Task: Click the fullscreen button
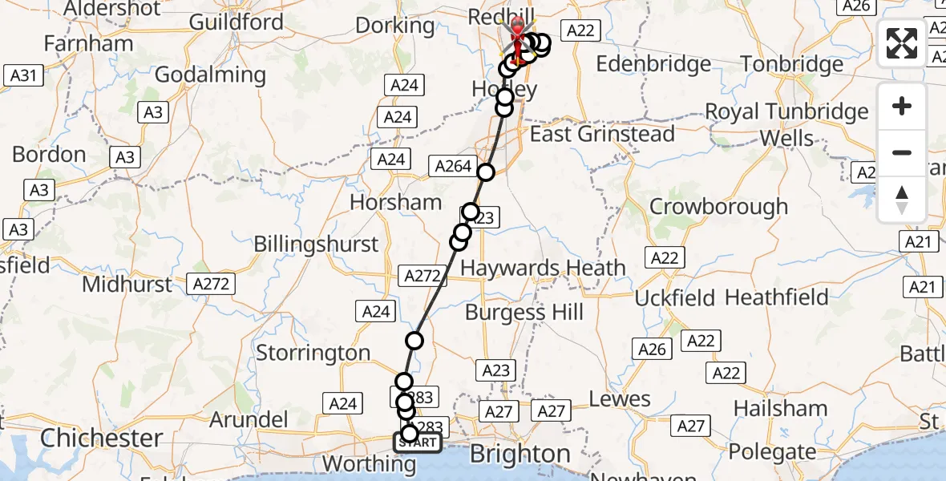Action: (902, 43)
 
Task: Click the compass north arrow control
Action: (902, 200)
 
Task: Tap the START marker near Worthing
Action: (417, 443)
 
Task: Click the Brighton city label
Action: (519, 454)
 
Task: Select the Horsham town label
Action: (395, 202)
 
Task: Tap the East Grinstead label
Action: (602, 134)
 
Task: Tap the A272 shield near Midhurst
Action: (212, 283)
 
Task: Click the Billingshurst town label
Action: (316, 244)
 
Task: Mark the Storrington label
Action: (313, 353)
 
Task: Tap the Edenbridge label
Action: (654, 64)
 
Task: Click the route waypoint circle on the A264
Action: (486, 172)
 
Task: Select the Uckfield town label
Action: (674, 298)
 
